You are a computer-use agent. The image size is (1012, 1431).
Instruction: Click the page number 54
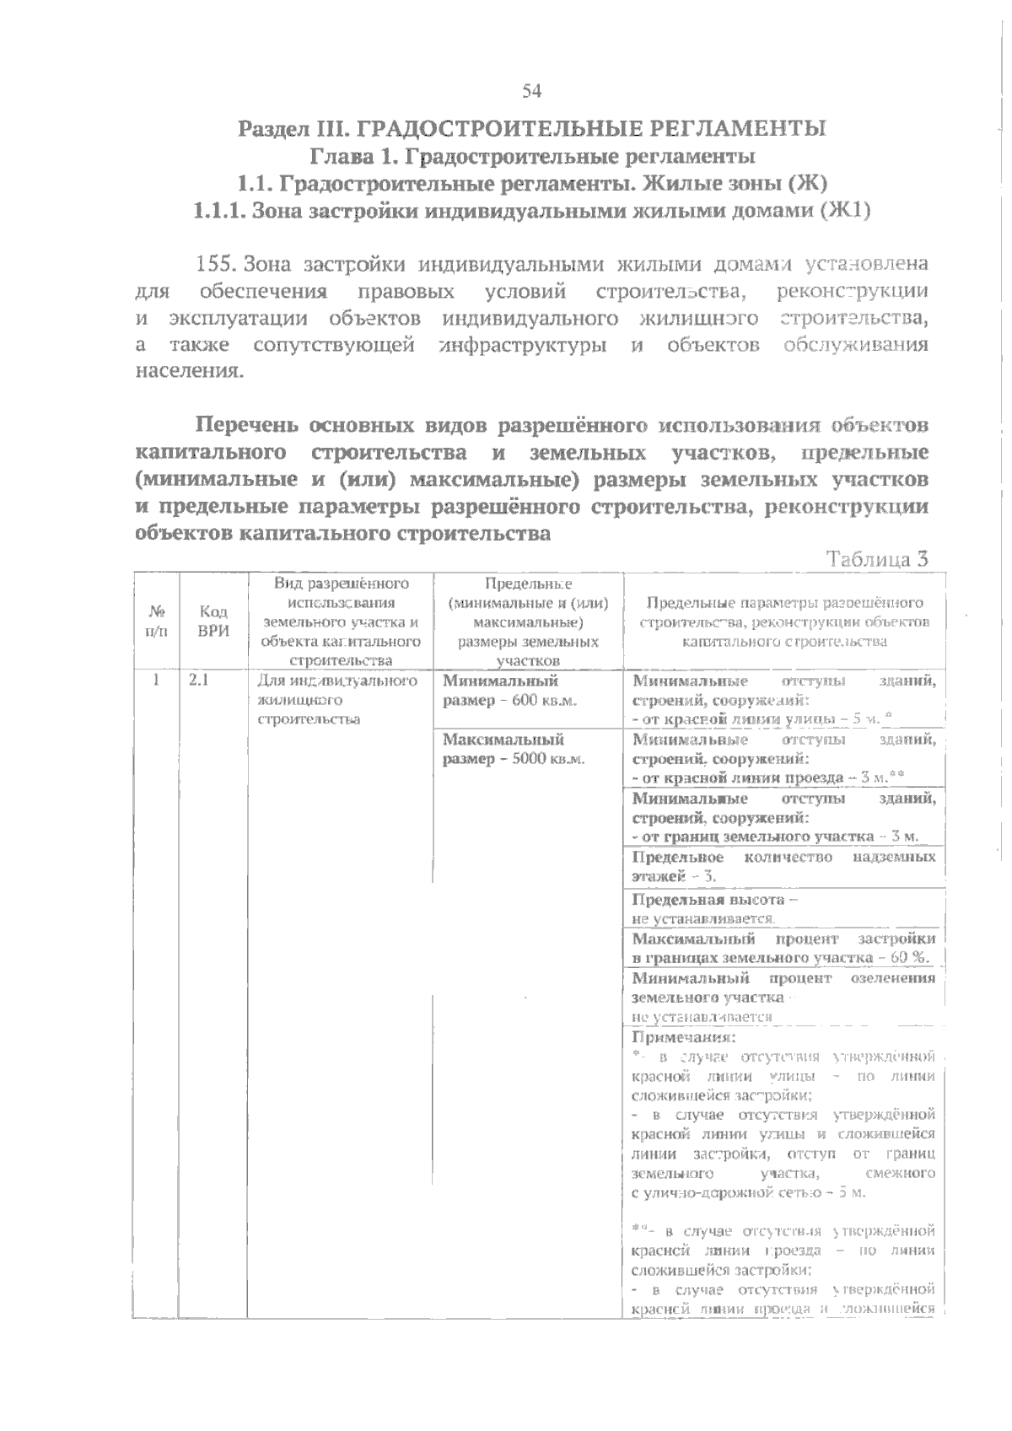(531, 91)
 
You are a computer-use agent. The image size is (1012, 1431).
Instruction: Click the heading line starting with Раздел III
(531, 129)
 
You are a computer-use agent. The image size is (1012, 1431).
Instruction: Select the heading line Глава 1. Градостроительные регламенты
(531, 156)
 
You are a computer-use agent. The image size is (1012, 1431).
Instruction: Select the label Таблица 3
(877, 559)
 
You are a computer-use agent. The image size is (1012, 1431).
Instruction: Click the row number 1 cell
(156, 681)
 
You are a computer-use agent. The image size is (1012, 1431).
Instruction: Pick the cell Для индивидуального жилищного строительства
(337, 700)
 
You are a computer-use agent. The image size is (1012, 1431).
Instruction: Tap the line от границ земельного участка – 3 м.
(774, 837)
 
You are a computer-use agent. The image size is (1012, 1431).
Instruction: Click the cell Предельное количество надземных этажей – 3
(783, 867)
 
